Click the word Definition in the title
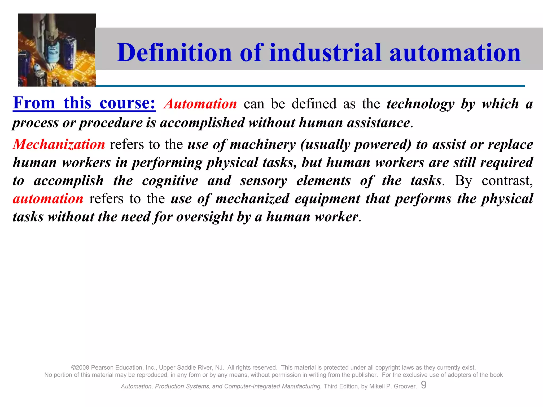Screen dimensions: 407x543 (174, 53)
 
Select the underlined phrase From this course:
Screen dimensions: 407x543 (84, 103)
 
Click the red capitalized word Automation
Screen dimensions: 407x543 (200, 104)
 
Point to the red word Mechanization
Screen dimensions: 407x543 (59, 145)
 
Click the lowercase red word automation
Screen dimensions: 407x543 (48, 199)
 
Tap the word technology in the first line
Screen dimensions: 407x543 (420, 104)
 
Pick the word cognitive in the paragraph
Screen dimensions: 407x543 (170, 181)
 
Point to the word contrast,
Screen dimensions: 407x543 (507, 181)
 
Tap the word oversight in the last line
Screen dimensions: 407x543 (204, 217)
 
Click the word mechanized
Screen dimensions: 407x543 (252, 199)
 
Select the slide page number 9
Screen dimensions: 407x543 (424, 385)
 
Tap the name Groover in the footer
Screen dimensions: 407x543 (405, 386)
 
